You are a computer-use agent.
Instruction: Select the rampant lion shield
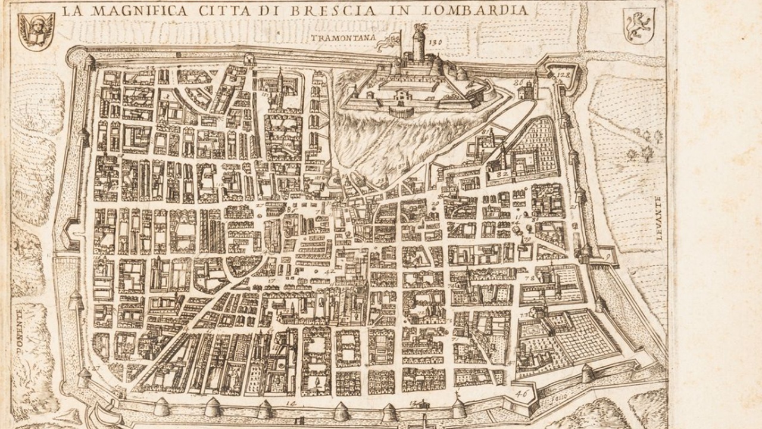click(x=639, y=25)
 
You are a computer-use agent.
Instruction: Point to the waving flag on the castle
click(x=390, y=39)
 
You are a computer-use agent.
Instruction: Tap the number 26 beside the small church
click(x=517, y=83)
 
